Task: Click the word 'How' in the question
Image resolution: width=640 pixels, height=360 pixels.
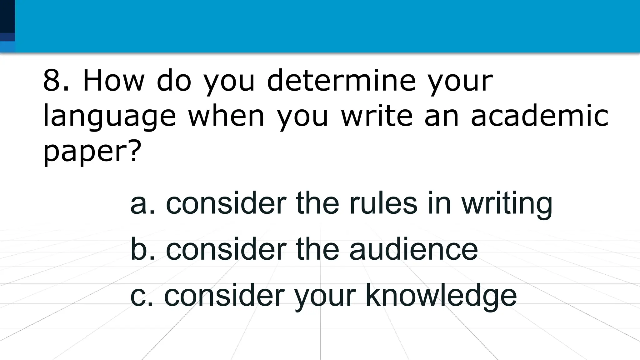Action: pos(113,81)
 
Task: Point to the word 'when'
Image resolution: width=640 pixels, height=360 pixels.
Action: pos(226,116)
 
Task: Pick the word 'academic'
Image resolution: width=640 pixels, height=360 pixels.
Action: pos(539,116)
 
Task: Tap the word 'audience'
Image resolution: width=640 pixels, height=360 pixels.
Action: pos(413,250)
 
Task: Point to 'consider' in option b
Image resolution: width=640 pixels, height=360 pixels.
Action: pos(226,249)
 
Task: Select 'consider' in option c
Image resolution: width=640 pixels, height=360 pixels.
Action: pos(224,295)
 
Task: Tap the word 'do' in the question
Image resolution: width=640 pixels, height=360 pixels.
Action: pos(174,81)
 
